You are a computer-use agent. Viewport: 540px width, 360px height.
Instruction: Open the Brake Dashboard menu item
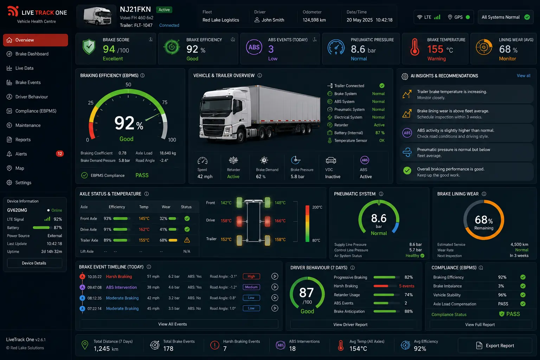tap(32, 54)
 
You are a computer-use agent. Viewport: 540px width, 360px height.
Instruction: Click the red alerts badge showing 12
tap(60, 154)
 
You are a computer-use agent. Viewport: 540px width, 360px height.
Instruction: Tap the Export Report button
tap(495, 346)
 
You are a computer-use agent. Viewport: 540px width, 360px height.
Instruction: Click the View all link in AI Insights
tap(523, 76)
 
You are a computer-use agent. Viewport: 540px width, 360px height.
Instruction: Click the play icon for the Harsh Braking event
tap(275, 276)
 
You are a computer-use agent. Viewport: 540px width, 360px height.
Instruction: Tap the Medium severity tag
tap(251, 287)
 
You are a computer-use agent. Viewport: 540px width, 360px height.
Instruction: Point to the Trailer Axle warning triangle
tap(187, 240)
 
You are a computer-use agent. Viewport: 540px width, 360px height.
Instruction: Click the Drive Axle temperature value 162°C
tap(144, 229)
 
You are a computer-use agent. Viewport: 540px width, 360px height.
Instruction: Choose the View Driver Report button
tap(350, 324)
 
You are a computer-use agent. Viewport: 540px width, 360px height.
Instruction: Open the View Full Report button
tap(480, 324)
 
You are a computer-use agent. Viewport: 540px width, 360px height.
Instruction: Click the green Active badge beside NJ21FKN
tap(164, 9)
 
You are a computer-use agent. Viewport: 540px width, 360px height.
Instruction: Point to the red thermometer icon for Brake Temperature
tap(414, 47)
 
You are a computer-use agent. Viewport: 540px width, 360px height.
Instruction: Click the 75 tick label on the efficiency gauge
tap(165, 102)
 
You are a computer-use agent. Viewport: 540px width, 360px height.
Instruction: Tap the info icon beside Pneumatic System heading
tap(381, 194)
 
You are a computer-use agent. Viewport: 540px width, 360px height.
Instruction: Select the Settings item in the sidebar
tap(23, 182)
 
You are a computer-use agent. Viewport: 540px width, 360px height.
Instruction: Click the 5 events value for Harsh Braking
tap(406, 286)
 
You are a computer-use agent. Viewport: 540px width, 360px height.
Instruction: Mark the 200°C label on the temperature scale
tap(317, 207)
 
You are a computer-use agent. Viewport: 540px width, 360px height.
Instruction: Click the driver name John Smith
tap(273, 20)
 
